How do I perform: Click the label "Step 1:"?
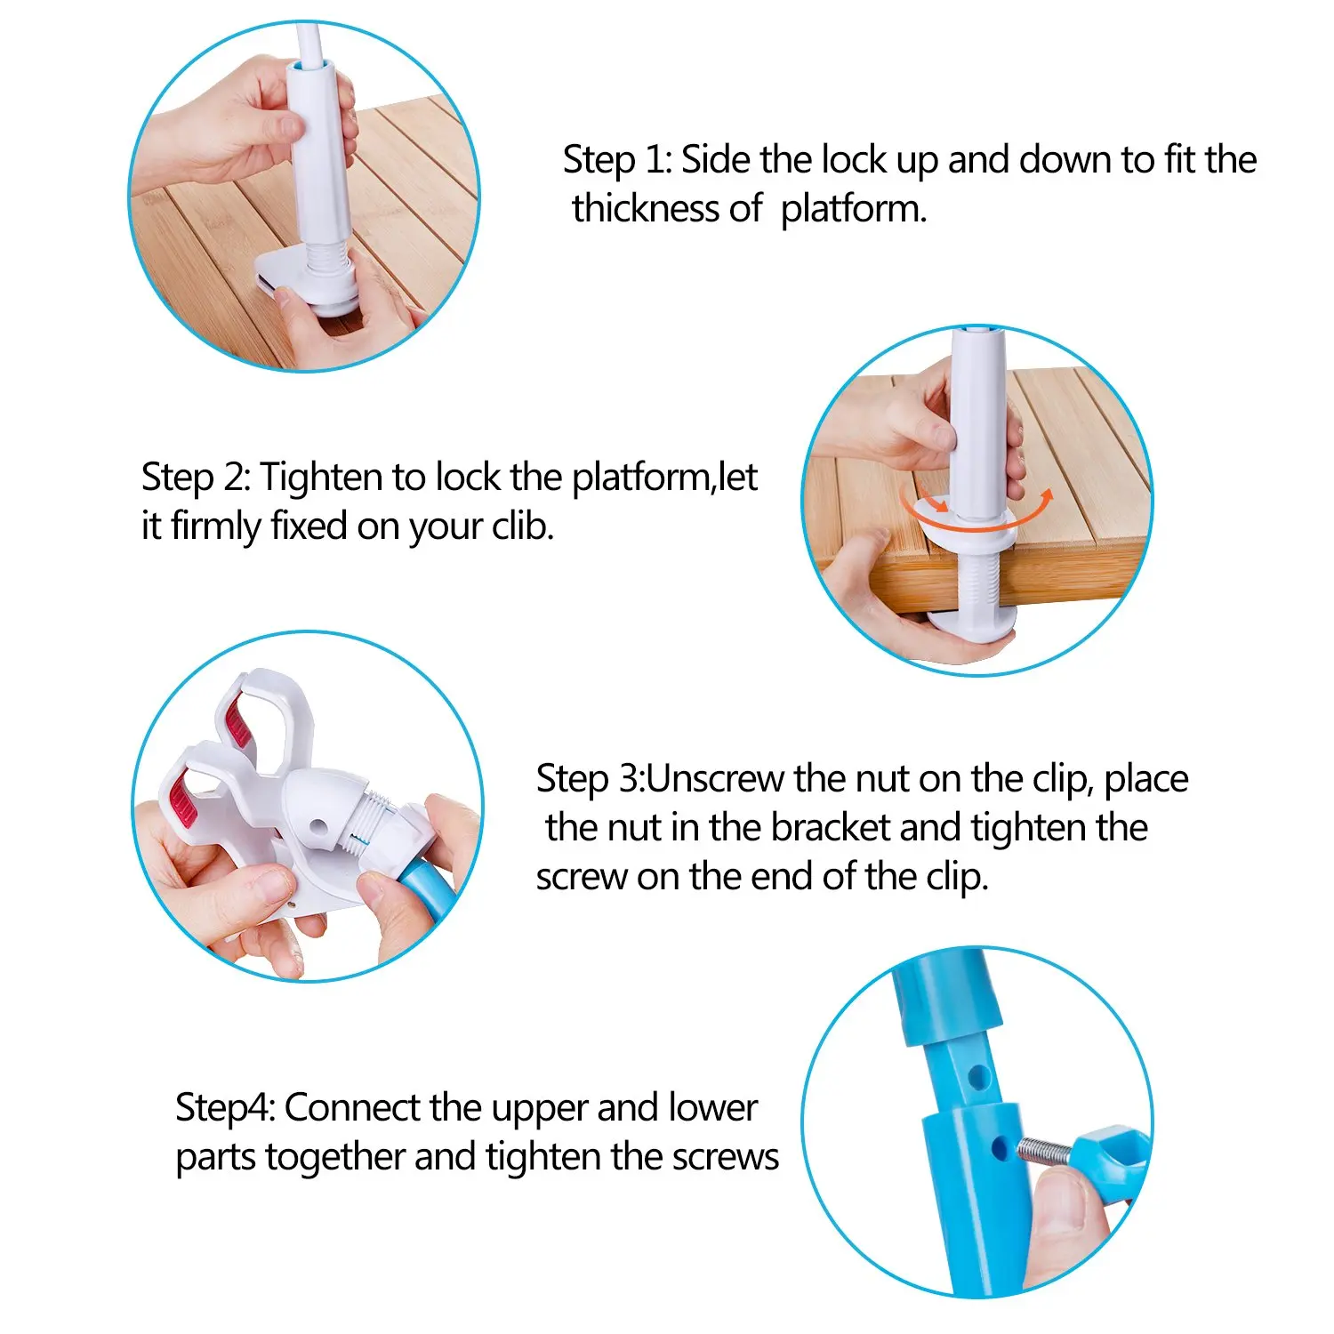617,161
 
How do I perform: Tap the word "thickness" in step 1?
667,209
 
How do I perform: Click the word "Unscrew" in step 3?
717,779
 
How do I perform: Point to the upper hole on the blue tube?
978,1078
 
